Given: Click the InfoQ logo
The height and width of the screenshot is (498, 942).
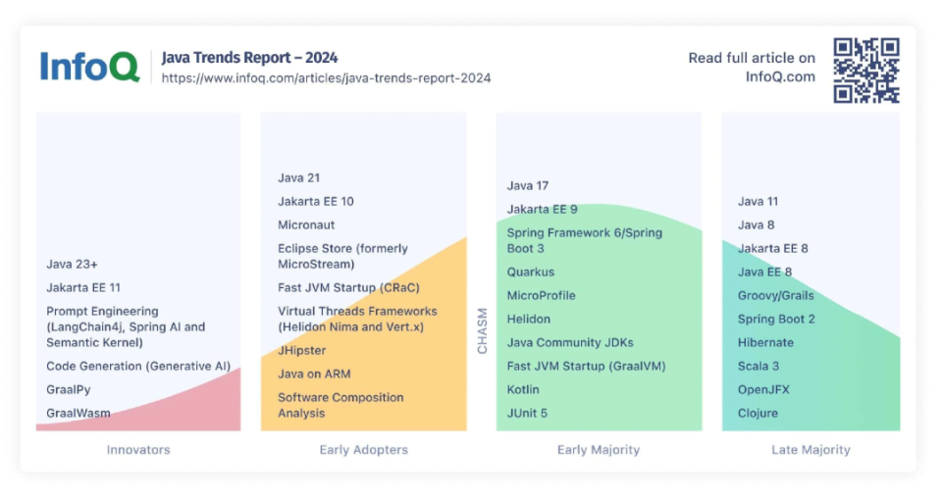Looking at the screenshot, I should click(x=89, y=67).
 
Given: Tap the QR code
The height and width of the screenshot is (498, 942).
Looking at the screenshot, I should click(x=866, y=70).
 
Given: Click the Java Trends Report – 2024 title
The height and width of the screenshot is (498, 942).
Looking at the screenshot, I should click(x=249, y=58).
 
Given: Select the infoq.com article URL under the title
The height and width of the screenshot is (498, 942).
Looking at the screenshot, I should click(x=326, y=78).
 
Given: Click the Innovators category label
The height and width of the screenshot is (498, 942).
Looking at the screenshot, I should click(x=138, y=450).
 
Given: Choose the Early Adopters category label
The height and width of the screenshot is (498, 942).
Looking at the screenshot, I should click(x=363, y=450).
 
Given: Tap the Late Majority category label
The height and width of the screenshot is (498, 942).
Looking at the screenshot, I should click(x=811, y=450).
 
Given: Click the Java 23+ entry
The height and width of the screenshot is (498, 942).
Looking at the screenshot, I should click(x=72, y=265).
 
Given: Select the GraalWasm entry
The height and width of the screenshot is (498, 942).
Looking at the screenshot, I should click(x=78, y=414).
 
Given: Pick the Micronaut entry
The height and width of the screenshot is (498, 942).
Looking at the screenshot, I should click(x=306, y=225).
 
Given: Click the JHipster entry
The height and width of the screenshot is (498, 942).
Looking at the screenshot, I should click(x=302, y=351).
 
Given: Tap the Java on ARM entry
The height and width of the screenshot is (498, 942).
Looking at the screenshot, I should click(x=314, y=374).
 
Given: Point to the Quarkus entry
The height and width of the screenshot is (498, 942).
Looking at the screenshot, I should click(x=531, y=273).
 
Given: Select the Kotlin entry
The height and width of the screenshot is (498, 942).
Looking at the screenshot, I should click(x=524, y=390).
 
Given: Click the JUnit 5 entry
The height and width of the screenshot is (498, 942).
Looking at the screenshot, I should click(x=527, y=414).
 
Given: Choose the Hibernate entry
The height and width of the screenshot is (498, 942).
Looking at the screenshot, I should click(x=765, y=343).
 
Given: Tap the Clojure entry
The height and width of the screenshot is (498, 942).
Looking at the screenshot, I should click(x=758, y=414).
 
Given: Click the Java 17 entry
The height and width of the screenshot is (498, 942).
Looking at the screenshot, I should click(x=528, y=186).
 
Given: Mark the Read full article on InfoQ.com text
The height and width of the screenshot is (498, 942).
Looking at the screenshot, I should click(x=752, y=68).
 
